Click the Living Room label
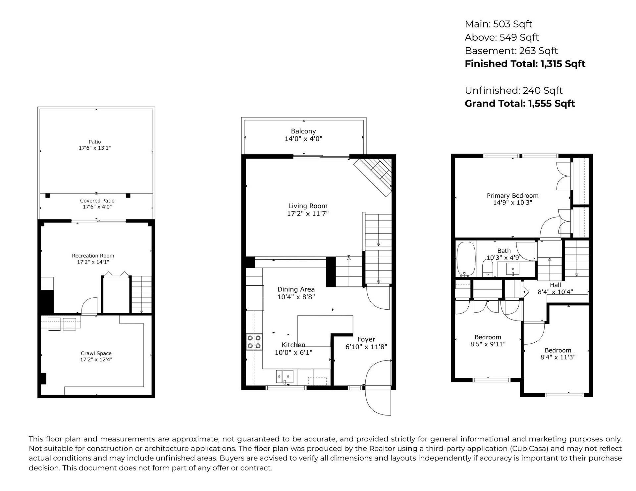pyautogui.click(x=308, y=206)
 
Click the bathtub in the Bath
pyautogui.click(x=466, y=259)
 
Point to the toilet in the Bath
pyautogui.click(x=488, y=268)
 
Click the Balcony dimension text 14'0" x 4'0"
pyautogui.click(x=303, y=139)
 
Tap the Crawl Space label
pyautogui.click(x=96, y=353)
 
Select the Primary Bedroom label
pyautogui.click(x=512, y=196)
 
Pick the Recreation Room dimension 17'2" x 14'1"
pyautogui.click(x=93, y=262)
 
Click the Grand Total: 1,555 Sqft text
pyautogui.click(x=520, y=104)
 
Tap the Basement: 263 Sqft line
pyautogui.click(x=511, y=51)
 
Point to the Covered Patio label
pyautogui.click(x=97, y=201)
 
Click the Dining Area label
pyautogui.click(x=296, y=289)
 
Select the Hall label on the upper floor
pyautogui.click(x=556, y=285)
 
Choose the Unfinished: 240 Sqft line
pyautogui.click(x=513, y=90)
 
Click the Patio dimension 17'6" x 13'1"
pyautogui.click(x=95, y=148)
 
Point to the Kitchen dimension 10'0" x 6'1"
pyautogui.click(x=293, y=353)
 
